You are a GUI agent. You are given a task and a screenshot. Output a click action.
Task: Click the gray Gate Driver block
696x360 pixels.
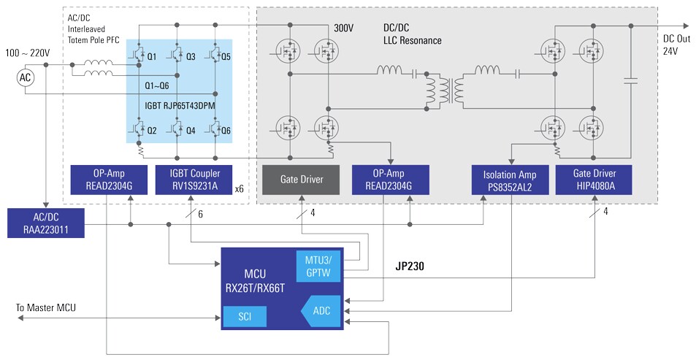coord(301,179)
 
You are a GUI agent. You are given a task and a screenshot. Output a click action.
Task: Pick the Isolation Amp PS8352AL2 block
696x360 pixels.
coord(509,180)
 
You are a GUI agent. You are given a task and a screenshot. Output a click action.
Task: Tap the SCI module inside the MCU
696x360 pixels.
coord(244,316)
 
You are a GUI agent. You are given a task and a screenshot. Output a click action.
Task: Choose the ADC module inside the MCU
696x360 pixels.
coord(320,311)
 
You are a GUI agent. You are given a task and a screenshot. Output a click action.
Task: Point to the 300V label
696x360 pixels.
coord(344,28)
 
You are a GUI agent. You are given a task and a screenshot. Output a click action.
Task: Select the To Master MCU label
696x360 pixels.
coord(45,308)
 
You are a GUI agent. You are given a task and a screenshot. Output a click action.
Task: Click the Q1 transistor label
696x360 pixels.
coord(152,56)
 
